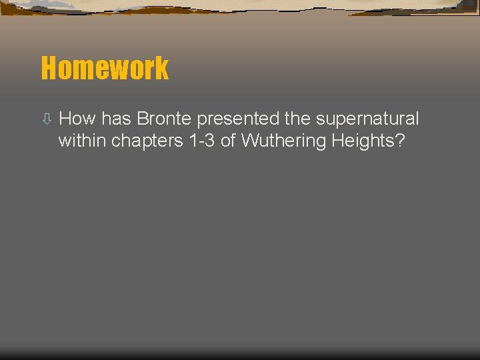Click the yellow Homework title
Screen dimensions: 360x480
coord(105,68)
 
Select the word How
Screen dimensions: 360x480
coord(77,119)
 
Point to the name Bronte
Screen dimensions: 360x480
coord(164,119)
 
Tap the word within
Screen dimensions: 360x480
coord(83,141)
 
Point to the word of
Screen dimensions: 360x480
coord(228,141)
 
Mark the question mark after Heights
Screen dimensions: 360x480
coord(400,141)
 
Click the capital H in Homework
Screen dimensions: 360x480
coord(49,68)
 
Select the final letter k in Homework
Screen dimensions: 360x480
coord(161,68)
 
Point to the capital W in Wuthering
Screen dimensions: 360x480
coord(249,141)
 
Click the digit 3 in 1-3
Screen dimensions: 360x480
coord(210,141)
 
